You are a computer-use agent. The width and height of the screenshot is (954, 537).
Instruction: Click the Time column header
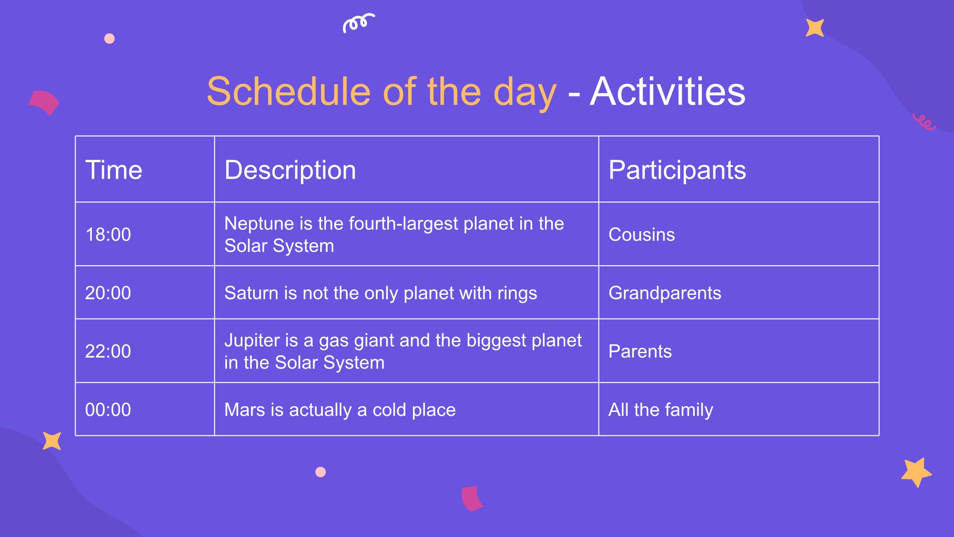point(114,170)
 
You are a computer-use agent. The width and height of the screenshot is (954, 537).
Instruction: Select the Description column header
point(290,171)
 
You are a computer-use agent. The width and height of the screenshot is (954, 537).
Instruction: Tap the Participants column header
point(677,171)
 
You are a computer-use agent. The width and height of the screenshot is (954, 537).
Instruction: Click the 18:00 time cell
point(108,235)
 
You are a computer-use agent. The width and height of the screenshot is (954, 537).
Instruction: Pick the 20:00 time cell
point(108,293)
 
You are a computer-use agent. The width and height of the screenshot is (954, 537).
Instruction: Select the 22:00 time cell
point(108,351)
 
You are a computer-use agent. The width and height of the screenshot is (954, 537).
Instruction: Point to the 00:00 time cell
point(108,410)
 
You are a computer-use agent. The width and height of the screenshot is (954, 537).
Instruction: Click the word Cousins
point(642,235)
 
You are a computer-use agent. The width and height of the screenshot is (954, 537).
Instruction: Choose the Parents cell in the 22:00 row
point(640,351)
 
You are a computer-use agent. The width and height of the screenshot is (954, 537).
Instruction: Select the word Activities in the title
point(668,91)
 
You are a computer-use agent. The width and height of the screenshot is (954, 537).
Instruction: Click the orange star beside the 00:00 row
point(52,441)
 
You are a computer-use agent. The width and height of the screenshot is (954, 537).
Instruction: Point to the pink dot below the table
point(321,472)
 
